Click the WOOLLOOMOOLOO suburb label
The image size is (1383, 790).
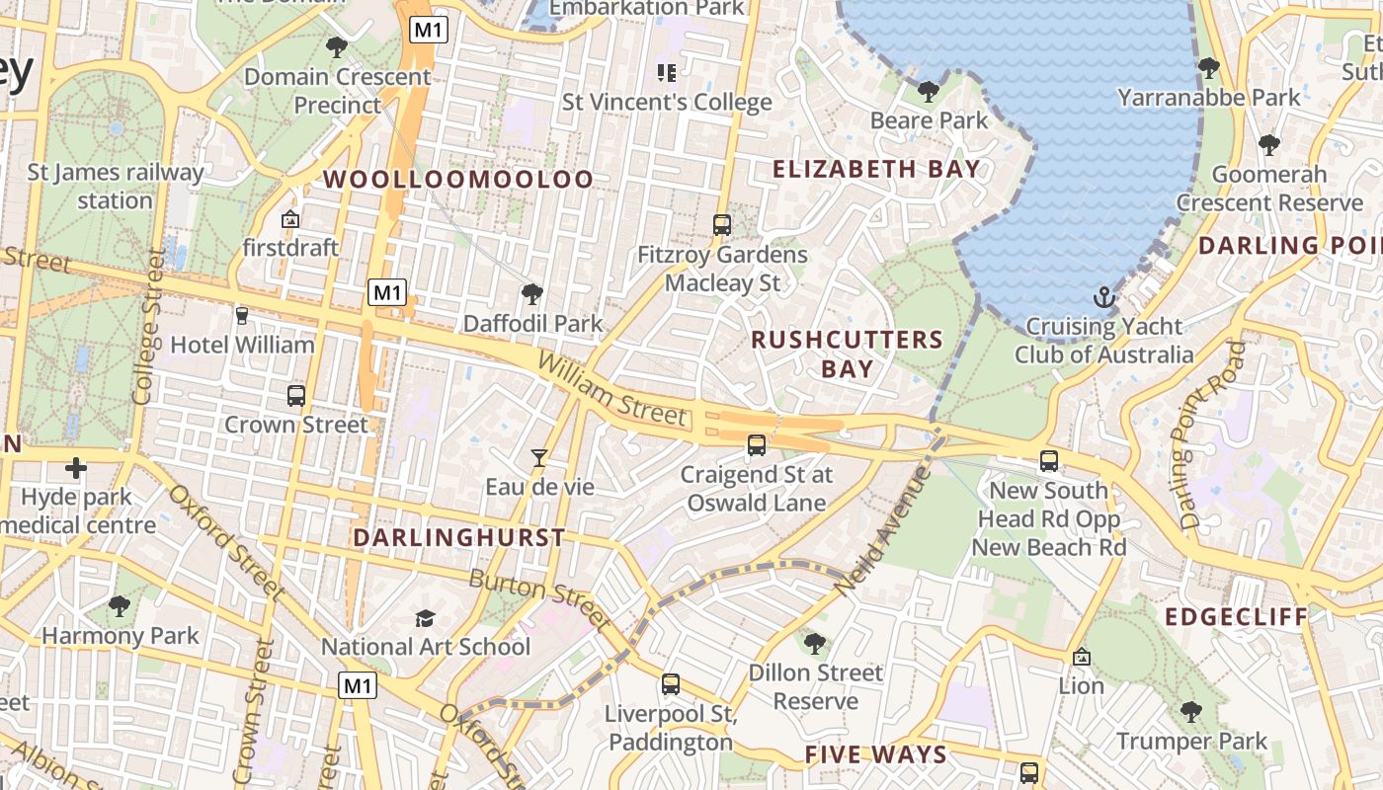tap(459, 180)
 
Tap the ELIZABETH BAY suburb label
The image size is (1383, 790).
tap(876, 169)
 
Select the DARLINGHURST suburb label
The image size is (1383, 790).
tap(459, 538)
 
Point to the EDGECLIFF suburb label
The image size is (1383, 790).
tap(1236, 617)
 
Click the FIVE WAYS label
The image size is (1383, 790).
tap(876, 755)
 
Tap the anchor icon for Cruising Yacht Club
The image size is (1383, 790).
tap(1103, 296)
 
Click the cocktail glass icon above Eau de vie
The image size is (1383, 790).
tap(539, 457)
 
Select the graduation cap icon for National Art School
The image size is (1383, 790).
tap(425, 618)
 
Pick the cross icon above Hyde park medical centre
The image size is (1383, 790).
tap(76, 467)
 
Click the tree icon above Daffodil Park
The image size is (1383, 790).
tap(532, 293)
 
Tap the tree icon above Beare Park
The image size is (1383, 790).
tap(928, 92)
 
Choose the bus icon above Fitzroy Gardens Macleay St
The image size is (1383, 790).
tap(722, 225)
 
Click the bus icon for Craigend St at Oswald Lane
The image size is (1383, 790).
tap(757, 445)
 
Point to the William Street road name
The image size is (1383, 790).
tap(611, 391)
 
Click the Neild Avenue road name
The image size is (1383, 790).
tap(883, 529)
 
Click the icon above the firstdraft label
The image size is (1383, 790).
tap(290, 219)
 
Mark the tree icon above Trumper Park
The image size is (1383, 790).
tap(1191, 711)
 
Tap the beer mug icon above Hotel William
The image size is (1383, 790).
tap(242, 316)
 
